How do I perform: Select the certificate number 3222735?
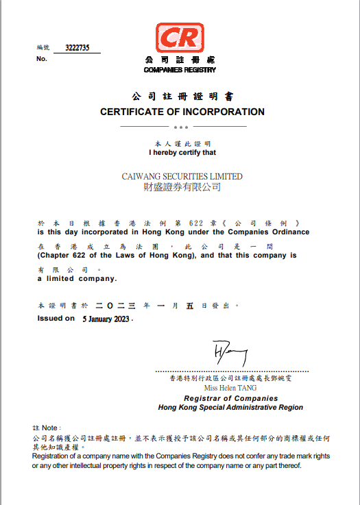[78, 48]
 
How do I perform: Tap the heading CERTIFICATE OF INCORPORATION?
[182, 112]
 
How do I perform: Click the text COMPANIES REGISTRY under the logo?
[180, 70]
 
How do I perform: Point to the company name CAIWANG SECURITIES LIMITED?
[182, 176]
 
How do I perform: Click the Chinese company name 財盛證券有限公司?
[182, 186]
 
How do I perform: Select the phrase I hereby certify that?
[182, 153]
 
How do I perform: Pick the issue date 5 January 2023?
[106, 319]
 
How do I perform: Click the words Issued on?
[56, 318]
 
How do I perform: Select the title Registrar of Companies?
[230, 398]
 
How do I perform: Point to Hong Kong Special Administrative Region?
[230, 407]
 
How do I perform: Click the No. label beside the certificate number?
[42, 59]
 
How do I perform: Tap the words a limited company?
[77, 279]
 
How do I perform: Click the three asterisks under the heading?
[181, 127]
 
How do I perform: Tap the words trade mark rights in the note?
[306, 456]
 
